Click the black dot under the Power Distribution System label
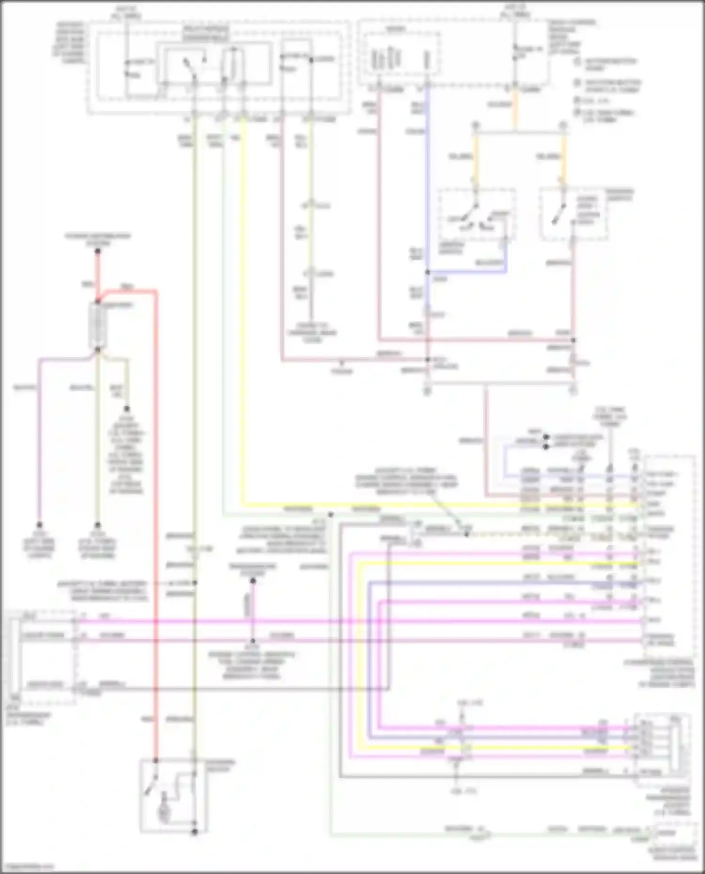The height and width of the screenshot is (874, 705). pyautogui.click(x=98, y=251)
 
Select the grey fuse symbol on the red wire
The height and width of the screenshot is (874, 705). pyautogui.click(x=98, y=325)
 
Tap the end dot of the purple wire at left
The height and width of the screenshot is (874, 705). pyautogui.click(x=39, y=525)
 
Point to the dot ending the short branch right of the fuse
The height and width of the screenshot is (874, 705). pyautogui.click(x=126, y=409)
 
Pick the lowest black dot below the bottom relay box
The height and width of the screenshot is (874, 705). pyautogui.click(x=194, y=832)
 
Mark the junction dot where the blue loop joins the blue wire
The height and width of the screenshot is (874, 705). pyautogui.click(x=428, y=272)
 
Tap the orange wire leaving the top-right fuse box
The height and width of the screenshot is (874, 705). pyautogui.click(x=515, y=108)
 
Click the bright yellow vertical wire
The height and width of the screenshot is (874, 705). pyautogui.click(x=243, y=310)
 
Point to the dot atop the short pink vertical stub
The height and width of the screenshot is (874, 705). pyautogui.click(x=252, y=581)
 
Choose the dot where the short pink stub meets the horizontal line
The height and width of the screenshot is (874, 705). pyautogui.click(x=252, y=641)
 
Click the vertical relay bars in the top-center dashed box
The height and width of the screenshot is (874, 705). pyautogui.click(x=385, y=59)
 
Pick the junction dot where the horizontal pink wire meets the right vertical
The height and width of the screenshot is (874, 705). pyautogui.click(x=573, y=340)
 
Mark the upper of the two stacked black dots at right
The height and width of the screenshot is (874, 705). pyautogui.click(x=546, y=437)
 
